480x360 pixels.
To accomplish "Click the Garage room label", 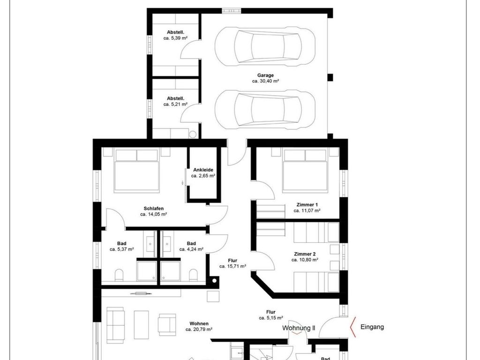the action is pos(265,75).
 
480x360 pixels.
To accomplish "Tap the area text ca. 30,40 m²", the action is pos(265,81).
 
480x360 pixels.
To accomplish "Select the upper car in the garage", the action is pos(265,46).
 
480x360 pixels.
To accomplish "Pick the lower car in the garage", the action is pos(265,109).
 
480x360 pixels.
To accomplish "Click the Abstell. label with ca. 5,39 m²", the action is pos(175,32).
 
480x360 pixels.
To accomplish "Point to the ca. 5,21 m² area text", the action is pos(175,105).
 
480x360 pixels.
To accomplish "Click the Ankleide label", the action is pos(203,170).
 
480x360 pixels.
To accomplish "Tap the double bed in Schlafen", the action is pos(137,171).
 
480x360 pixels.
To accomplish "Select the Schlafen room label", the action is pos(154,209).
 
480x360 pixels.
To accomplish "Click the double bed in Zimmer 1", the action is pos(305,171).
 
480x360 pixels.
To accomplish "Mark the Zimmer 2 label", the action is pos(305,254).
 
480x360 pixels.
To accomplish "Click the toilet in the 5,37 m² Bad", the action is pos(119,275).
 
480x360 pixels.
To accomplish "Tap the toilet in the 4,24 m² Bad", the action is pos(193,275).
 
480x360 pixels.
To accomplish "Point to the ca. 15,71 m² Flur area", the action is pos(232,266).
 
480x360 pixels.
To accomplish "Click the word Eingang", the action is pos(372,327).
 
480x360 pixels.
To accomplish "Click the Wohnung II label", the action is pos(299,328).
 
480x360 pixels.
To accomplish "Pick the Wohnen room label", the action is pos(199,323).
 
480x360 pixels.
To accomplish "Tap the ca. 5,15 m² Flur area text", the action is pos(271,318).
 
